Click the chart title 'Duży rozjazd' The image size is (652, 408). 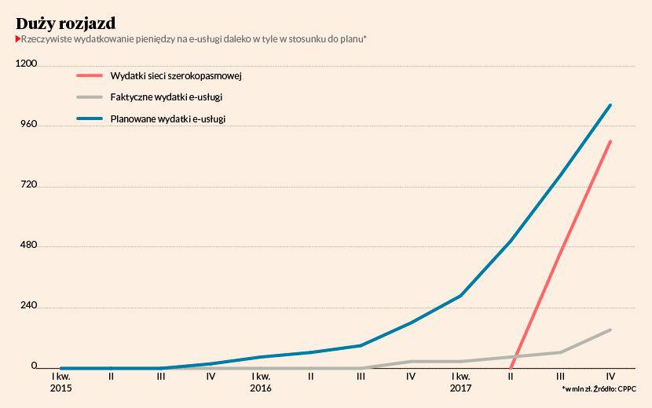[x=65, y=23]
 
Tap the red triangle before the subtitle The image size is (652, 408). [x=18, y=38]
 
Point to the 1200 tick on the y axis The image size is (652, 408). [x=27, y=64]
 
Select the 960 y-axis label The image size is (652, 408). [x=29, y=125]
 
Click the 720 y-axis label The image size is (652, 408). [x=29, y=185]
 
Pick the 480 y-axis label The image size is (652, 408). [x=29, y=246]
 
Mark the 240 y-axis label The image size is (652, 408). [x=29, y=306]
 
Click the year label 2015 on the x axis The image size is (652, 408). [x=60, y=388]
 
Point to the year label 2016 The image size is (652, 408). [x=261, y=388]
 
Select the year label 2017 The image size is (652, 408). [x=461, y=388]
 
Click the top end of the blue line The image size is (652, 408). [x=610, y=105]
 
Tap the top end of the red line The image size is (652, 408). [x=610, y=141]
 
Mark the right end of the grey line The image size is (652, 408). [x=610, y=330]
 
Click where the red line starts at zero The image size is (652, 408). [x=511, y=367]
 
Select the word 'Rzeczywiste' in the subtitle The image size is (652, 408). [x=46, y=38]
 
